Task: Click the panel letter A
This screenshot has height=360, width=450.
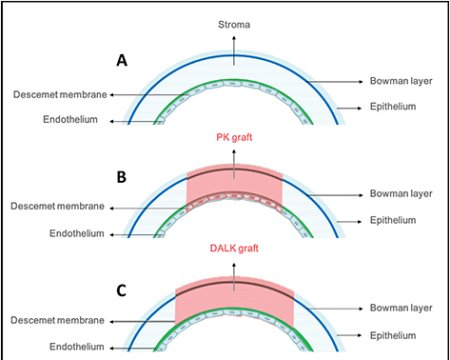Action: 121,60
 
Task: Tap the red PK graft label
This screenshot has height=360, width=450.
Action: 234,138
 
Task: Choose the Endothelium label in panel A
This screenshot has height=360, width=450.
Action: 71,119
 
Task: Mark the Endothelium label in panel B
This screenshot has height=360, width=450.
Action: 71,231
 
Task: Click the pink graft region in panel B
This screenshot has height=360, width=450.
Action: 234,186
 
